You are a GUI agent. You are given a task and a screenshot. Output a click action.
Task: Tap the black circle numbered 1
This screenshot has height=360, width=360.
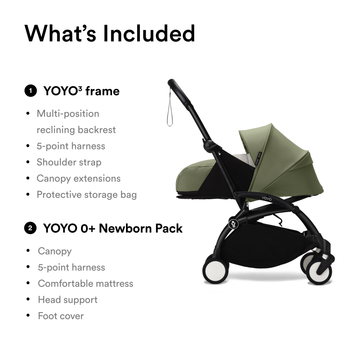tap(30, 91)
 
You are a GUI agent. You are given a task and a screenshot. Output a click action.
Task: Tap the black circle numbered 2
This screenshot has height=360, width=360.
tap(30, 228)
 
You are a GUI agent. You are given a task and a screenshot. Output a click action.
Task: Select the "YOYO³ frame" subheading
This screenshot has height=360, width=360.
tap(81, 91)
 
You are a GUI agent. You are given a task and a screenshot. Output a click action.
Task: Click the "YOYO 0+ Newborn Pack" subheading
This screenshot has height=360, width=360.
tap(113, 228)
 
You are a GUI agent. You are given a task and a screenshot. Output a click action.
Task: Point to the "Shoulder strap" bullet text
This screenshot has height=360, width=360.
tap(69, 162)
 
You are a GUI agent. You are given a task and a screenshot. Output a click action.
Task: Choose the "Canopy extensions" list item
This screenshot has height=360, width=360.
tap(78, 179)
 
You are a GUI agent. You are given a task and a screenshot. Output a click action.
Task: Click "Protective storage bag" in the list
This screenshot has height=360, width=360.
tap(86, 195)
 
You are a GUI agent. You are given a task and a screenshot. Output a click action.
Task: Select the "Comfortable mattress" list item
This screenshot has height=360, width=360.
tap(85, 284)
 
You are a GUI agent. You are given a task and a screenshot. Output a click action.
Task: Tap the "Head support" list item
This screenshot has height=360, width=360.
tap(68, 300)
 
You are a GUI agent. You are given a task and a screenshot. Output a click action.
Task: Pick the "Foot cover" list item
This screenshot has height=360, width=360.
tap(60, 316)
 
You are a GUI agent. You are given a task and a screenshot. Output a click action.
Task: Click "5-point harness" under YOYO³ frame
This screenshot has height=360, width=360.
tap(71, 146)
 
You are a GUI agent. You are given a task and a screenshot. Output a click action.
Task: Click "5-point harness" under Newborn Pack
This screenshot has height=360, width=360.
tap(71, 267)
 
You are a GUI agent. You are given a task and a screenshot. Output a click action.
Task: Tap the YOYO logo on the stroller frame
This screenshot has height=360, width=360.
tap(267, 198)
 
